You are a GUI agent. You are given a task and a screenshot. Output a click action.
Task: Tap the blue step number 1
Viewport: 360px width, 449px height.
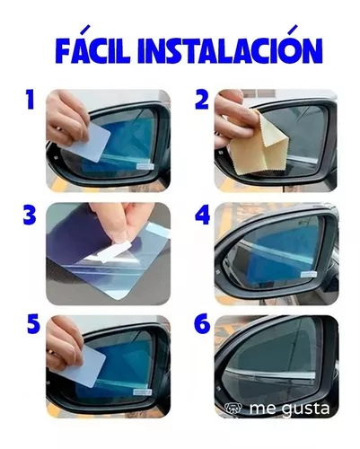[31, 100]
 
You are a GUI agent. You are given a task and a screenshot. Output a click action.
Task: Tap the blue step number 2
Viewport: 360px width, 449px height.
[202, 100]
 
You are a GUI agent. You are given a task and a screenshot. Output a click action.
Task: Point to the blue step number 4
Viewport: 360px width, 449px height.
[202, 215]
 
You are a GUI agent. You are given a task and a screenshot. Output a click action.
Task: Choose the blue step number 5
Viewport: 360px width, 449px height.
[33, 325]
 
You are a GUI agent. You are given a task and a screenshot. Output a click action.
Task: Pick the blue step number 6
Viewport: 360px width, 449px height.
[202, 325]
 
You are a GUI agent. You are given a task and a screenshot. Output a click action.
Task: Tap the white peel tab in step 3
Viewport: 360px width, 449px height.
[114, 251]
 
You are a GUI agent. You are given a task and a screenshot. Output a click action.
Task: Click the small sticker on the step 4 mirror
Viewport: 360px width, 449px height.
[309, 274]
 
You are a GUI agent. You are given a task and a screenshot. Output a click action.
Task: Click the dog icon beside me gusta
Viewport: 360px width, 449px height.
[233, 408]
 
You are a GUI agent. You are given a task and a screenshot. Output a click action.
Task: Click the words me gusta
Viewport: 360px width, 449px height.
[289, 409]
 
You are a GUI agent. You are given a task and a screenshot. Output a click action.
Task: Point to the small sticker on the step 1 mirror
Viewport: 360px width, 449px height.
[145, 166]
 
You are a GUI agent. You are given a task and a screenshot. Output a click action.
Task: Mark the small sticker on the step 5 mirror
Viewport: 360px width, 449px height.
[143, 392]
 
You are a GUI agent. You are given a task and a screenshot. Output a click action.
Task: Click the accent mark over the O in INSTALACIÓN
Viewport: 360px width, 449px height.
[294, 29]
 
